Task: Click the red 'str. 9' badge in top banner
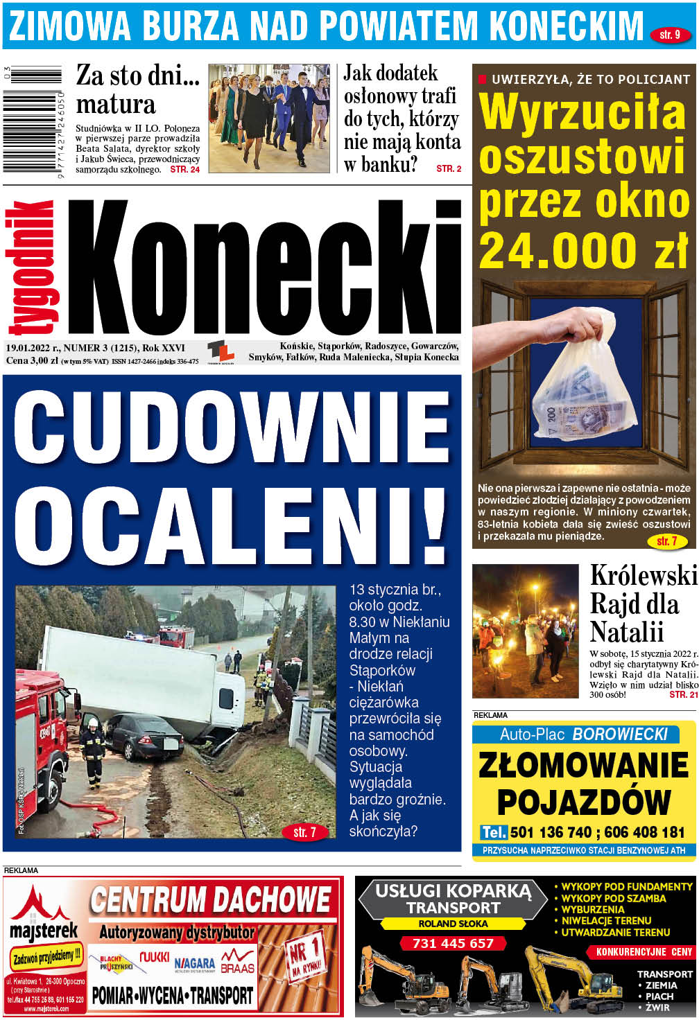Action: click(x=670, y=34)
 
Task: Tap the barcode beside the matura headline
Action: click(x=33, y=119)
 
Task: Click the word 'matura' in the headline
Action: click(x=116, y=104)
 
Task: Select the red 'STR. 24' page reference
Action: click(x=185, y=169)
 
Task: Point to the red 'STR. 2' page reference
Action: click(x=449, y=168)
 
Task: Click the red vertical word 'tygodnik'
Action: click(x=31, y=267)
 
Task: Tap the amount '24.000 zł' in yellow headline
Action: click(x=582, y=249)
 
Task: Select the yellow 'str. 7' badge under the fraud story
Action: click(x=666, y=541)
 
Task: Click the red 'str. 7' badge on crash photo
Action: click(x=304, y=832)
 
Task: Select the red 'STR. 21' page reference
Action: click(x=683, y=694)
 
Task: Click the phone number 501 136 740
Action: click(x=551, y=832)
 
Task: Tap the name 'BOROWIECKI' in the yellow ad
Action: click(x=620, y=735)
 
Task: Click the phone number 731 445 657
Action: click(x=453, y=943)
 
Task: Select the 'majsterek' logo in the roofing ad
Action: click(x=44, y=931)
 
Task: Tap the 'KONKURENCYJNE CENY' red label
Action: click(x=644, y=952)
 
